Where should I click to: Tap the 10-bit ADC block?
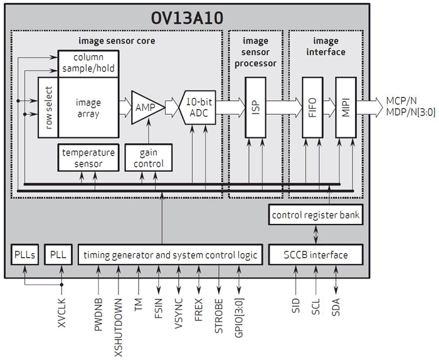tap(200, 107)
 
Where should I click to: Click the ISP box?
tap(256, 107)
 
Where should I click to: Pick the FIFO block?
tap(312, 107)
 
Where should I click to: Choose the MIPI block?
tap(345, 107)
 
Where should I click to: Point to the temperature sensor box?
tap(88, 158)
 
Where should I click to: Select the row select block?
tap(48, 107)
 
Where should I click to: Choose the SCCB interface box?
tap(315, 255)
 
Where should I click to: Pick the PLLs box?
tap(26, 255)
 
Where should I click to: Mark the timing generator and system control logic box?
tap(162, 255)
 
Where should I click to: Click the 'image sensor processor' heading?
tap(256, 52)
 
